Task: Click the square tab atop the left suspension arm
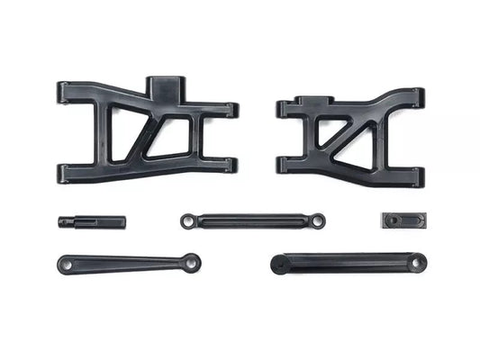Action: pos(164,88)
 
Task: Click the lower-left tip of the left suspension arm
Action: pos(65,171)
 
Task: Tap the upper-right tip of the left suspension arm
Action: pos(231,110)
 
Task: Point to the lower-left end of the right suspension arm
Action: pos(284,165)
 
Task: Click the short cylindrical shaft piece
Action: pos(93,220)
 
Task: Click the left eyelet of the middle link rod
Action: pos(186,220)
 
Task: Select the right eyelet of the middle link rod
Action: pos(317,220)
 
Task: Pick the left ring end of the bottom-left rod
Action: pos(65,264)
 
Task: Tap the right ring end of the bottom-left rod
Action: pos(192,264)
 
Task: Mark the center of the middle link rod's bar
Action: pos(252,220)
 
